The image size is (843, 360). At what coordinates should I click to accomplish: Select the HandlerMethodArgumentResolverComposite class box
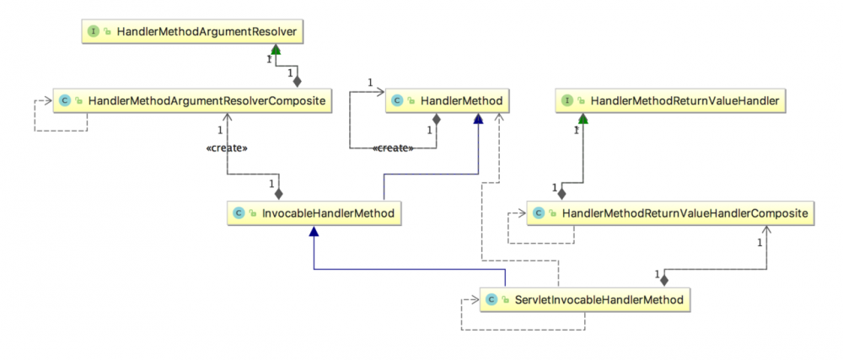click(191, 101)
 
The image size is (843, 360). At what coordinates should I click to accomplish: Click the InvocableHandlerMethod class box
click(314, 213)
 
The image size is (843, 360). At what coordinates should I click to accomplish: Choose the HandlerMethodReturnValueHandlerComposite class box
click(670, 213)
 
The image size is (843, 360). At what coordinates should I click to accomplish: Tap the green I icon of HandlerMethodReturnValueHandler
click(568, 101)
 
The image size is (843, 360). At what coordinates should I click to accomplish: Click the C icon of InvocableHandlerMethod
click(240, 213)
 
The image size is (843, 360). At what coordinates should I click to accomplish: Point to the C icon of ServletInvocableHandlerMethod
click(492, 298)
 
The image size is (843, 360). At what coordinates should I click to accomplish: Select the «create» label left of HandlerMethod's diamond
click(393, 148)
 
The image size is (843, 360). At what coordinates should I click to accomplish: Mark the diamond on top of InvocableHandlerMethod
click(279, 193)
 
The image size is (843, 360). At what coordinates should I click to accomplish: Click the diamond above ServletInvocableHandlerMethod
click(664, 279)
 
